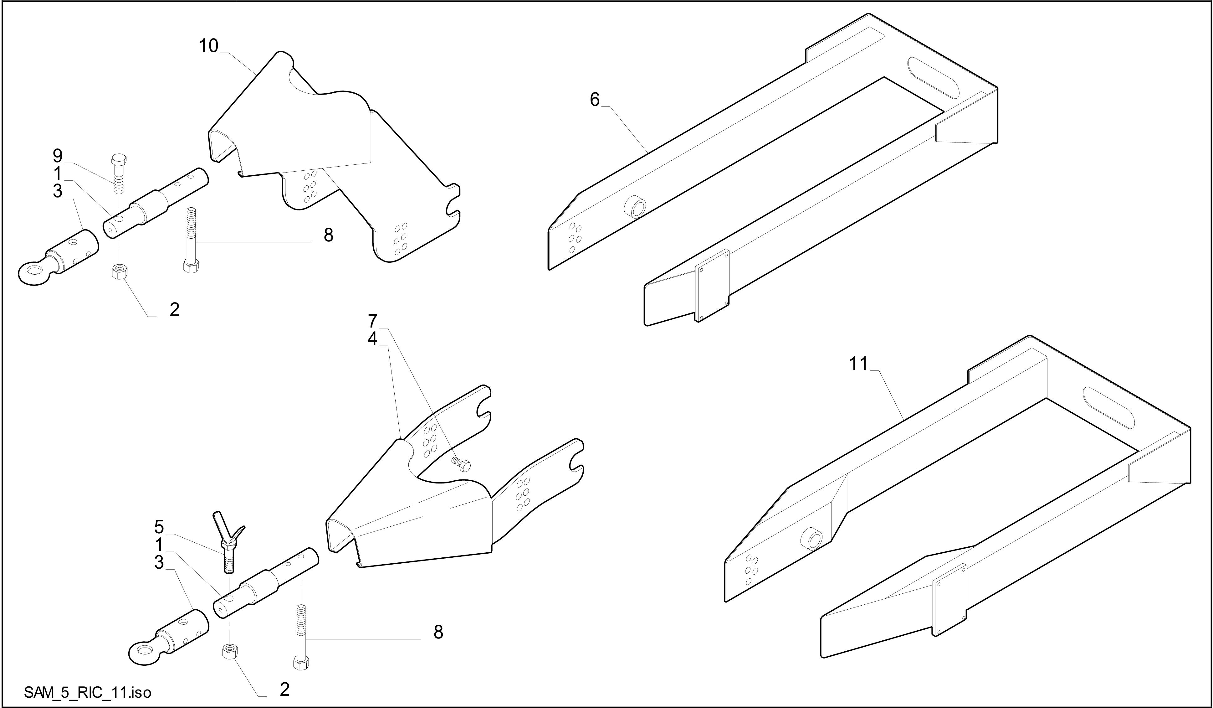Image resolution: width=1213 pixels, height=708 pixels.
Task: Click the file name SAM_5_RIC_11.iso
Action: pyautogui.click(x=88, y=693)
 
